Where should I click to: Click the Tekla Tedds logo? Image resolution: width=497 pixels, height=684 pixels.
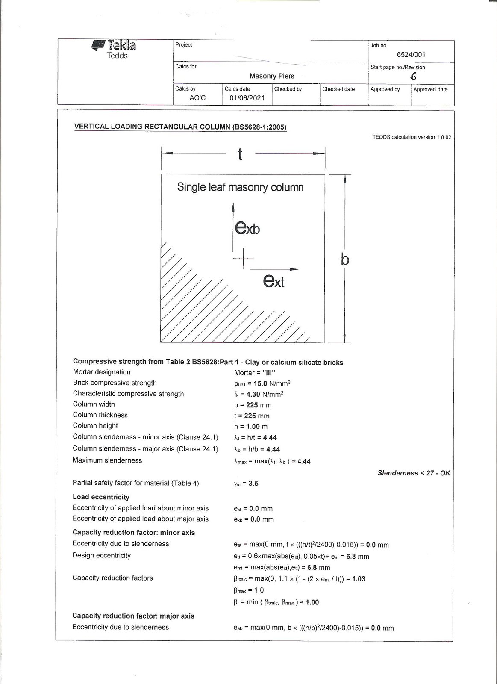pyautogui.click(x=114, y=49)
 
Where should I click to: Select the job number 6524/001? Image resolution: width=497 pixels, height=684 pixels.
pyautogui.click(x=411, y=55)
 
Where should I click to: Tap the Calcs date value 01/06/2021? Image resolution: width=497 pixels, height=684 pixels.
pyautogui.click(x=247, y=98)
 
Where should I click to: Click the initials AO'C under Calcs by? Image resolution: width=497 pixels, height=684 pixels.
pyautogui.click(x=197, y=98)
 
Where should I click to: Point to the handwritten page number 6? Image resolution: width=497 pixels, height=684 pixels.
pyautogui.click(x=413, y=77)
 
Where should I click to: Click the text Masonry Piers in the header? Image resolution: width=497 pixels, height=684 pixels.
pyautogui.click(x=272, y=76)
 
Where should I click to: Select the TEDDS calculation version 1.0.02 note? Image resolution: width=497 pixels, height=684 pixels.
pyautogui.click(x=412, y=137)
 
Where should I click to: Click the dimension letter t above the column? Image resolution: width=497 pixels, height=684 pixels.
pyautogui.click(x=240, y=154)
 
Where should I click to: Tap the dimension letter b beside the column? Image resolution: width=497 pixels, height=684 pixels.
pyautogui.click(x=345, y=259)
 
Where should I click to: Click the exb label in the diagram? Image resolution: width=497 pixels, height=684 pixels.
pyautogui.click(x=247, y=227)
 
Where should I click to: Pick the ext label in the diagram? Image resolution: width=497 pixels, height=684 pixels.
pyautogui.click(x=273, y=280)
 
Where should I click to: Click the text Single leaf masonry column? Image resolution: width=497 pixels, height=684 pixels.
pyautogui.click(x=240, y=187)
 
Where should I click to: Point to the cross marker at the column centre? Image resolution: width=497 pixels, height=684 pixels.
pyautogui.click(x=243, y=259)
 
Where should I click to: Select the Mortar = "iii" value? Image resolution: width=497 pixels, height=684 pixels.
pyautogui.click(x=255, y=373)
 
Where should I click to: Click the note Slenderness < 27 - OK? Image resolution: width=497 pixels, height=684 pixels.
pyautogui.click(x=413, y=473)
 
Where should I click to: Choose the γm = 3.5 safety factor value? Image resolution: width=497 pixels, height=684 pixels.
pyautogui.click(x=246, y=484)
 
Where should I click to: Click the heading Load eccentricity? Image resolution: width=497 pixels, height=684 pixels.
pyautogui.click(x=101, y=497)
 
